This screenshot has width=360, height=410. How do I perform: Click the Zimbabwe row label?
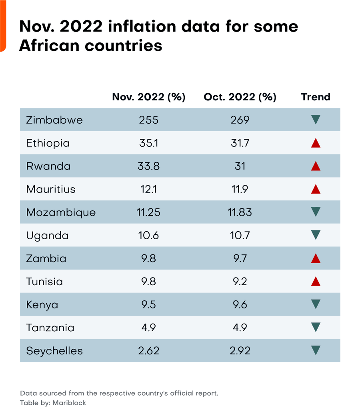click(x=54, y=120)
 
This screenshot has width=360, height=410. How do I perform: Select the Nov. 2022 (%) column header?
click(x=148, y=97)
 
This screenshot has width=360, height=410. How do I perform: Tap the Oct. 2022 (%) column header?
click(x=240, y=97)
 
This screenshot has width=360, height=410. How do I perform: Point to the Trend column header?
click(x=316, y=97)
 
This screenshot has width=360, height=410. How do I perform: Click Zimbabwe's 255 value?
click(x=148, y=120)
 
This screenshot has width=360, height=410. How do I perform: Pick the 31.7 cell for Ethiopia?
click(x=240, y=143)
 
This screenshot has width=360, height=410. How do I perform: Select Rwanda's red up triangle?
click(x=316, y=166)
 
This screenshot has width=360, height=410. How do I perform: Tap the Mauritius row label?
click(x=51, y=189)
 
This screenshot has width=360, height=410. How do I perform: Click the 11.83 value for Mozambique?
click(x=240, y=212)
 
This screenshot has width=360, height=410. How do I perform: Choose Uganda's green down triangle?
click(x=316, y=235)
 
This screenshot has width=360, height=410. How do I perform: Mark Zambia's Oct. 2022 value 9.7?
click(x=240, y=258)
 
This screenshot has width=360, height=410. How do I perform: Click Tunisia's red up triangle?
click(x=316, y=282)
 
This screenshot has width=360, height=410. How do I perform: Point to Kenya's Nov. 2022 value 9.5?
click(x=148, y=305)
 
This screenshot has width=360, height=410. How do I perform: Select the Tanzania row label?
click(x=50, y=328)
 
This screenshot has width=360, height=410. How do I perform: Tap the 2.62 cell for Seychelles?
click(x=148, y=351)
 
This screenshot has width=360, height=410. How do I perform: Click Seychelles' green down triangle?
click(x=316, y=351)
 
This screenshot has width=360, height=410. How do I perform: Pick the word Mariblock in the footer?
click(x=69, y=403)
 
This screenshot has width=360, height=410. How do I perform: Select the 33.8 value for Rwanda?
click(x=148, y=166)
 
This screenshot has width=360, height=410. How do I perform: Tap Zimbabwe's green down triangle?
click(x=316, y=120)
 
